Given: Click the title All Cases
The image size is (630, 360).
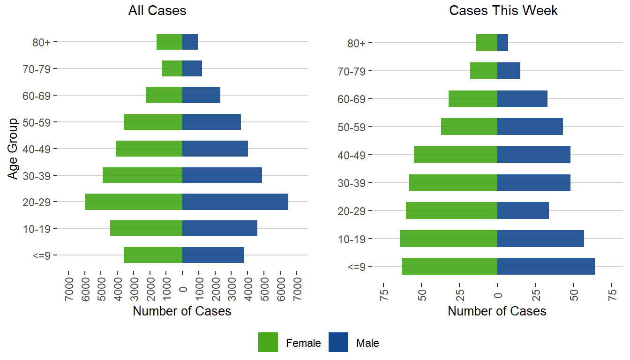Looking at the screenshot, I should click(x=157, y=11).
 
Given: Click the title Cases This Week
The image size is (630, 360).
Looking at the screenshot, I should click(x=503, y=11).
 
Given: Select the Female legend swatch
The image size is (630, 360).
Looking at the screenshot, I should click(x=268, y=342).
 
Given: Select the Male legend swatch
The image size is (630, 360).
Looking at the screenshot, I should click(x=338, y=342).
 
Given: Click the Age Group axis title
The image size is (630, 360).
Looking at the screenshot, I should click(x=13, y=149).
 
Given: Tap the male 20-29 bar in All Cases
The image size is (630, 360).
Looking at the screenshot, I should click(x=235, y=202).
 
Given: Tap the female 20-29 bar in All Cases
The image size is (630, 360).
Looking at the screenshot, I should click(x=134, y=202).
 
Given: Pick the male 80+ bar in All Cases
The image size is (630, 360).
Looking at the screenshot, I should click(x=190, y=42).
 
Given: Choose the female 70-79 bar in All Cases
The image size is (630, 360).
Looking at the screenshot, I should click(x=172, y=68).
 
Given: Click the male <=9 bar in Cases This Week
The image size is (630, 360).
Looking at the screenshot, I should click(x=546, y=266).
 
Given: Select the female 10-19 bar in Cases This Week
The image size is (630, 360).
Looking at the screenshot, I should click(x=449, y=239).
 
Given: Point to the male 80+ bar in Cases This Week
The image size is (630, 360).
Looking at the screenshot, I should click(x=502, y=43).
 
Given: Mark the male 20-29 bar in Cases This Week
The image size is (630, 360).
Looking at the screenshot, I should click(x=523, y=210).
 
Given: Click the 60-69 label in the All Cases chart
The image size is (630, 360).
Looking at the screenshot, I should click(x=39, y=96).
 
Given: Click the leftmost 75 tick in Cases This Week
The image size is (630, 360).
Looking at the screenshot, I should click(x=383, y=291).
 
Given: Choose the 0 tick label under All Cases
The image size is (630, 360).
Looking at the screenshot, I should click(x=183, y=290).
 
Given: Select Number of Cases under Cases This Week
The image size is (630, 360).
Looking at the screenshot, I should click(x=497, y=311).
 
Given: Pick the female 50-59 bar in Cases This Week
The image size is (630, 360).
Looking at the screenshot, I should click(x=469, y=127).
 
